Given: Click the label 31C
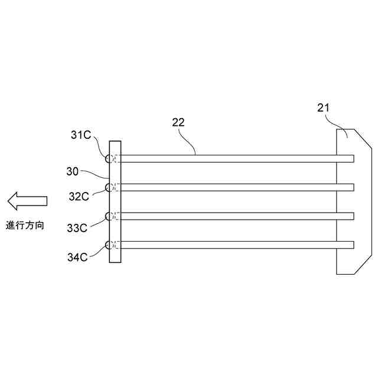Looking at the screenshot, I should tap(81, 135).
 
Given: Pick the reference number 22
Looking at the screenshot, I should tap(178, 123).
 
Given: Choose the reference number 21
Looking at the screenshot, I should tap(324, 107).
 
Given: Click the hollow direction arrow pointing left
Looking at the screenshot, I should tap(27, 201).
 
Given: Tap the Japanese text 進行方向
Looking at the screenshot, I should tap(25, 225).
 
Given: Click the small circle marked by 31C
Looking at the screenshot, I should tap(109, 159).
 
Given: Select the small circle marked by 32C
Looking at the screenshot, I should tap(109, 187).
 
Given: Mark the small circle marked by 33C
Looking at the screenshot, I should tap(109, 216).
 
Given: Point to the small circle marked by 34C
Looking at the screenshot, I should tap(109, 245).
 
